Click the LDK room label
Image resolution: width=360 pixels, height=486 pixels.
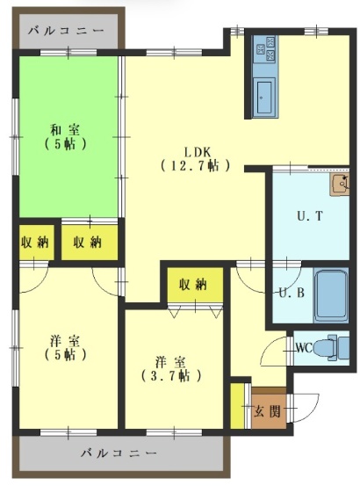196,159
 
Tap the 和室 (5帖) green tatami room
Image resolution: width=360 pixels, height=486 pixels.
68,137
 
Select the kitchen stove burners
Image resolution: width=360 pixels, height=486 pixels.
264,48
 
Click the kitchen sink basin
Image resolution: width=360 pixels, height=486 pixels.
264,97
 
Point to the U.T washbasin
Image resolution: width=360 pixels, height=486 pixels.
340,185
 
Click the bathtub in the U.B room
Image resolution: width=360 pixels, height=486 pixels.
331,295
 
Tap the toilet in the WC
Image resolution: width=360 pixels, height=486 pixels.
333,347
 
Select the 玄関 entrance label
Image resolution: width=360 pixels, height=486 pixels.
268,412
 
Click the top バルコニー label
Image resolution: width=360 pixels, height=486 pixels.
66,31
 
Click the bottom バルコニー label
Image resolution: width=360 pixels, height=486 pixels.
119,453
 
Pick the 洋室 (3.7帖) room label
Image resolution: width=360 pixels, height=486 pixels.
171,369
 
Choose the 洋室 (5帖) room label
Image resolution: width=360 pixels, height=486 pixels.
65,348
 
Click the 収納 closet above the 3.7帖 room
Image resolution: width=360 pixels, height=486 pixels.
195,284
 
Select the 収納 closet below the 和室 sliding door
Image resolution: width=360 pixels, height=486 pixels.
90,243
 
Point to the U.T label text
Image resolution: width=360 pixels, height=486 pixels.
310,215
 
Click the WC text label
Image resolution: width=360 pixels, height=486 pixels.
305,348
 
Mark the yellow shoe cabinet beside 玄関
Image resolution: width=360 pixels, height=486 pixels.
237,406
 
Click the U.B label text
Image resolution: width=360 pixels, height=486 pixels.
292,293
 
